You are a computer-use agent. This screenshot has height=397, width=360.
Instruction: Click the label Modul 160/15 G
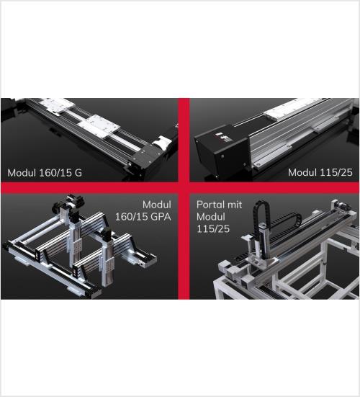(45, 173)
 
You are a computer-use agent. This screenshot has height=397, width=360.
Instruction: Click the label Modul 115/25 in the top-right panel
(320, 172)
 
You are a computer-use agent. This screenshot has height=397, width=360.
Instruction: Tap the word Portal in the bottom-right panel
(210, 205)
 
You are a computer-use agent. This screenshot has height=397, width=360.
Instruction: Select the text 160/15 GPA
(143, 217)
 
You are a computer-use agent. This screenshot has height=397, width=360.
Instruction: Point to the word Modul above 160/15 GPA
(157, 205)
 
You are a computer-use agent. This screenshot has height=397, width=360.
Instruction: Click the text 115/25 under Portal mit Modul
(213, 229)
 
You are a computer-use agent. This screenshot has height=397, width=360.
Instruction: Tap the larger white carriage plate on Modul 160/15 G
(99, 127)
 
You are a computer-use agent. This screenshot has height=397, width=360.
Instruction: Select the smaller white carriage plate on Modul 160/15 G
(58, 105)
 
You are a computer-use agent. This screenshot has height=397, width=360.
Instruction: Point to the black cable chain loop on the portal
(261, 223)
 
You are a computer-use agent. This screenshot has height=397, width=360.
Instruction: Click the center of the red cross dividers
(184, 188)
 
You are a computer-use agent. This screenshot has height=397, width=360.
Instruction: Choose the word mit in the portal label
(234, 205)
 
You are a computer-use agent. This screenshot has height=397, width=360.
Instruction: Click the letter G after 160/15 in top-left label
(78, 173)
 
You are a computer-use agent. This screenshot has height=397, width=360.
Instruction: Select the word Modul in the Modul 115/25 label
(302, 172)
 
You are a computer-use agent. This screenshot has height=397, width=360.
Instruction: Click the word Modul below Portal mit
(211, 217)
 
